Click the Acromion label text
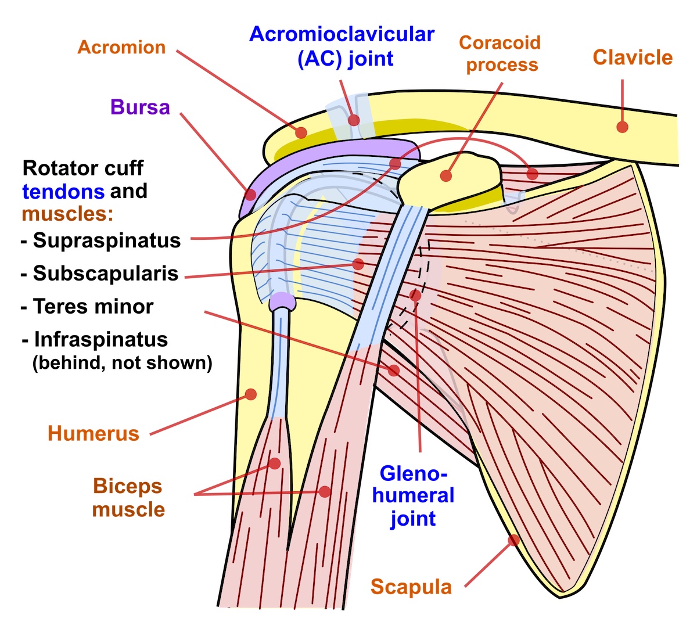click(x=121, y=47)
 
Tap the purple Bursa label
click(x=140, y=107)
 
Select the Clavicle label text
click(x=633, y=57)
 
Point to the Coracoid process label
click(x=500, y=53)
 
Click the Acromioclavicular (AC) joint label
click(x=342, y=46)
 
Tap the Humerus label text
click(x=94, y=433)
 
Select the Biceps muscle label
click(x=128, y=498)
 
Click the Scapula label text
click(x=411, y=587)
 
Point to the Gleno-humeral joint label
click(x=413, y=495)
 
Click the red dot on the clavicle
click(x=622, y=127)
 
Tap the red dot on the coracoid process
click(x=446, y=175)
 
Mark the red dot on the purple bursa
click(x=250, y=195)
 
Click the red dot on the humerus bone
click(x=251, y=394)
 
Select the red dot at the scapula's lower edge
click(x=513, y=541)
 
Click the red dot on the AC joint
click(x=354, y=120)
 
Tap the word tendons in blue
click(x=63, y=191)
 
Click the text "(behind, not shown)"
click(x=122, y=363)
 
